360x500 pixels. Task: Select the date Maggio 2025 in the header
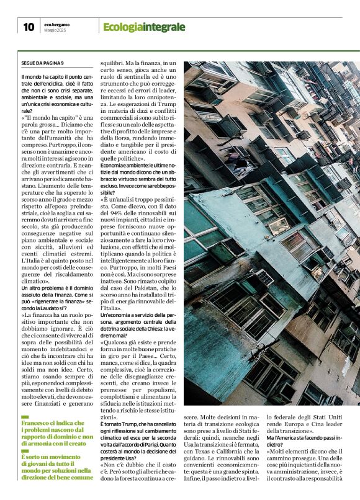(x=56, y=30)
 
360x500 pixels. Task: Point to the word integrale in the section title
(x=164, y=27)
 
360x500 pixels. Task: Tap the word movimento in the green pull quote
(x=65, y=457)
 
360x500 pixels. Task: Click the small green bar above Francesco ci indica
(x=25, y=416)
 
